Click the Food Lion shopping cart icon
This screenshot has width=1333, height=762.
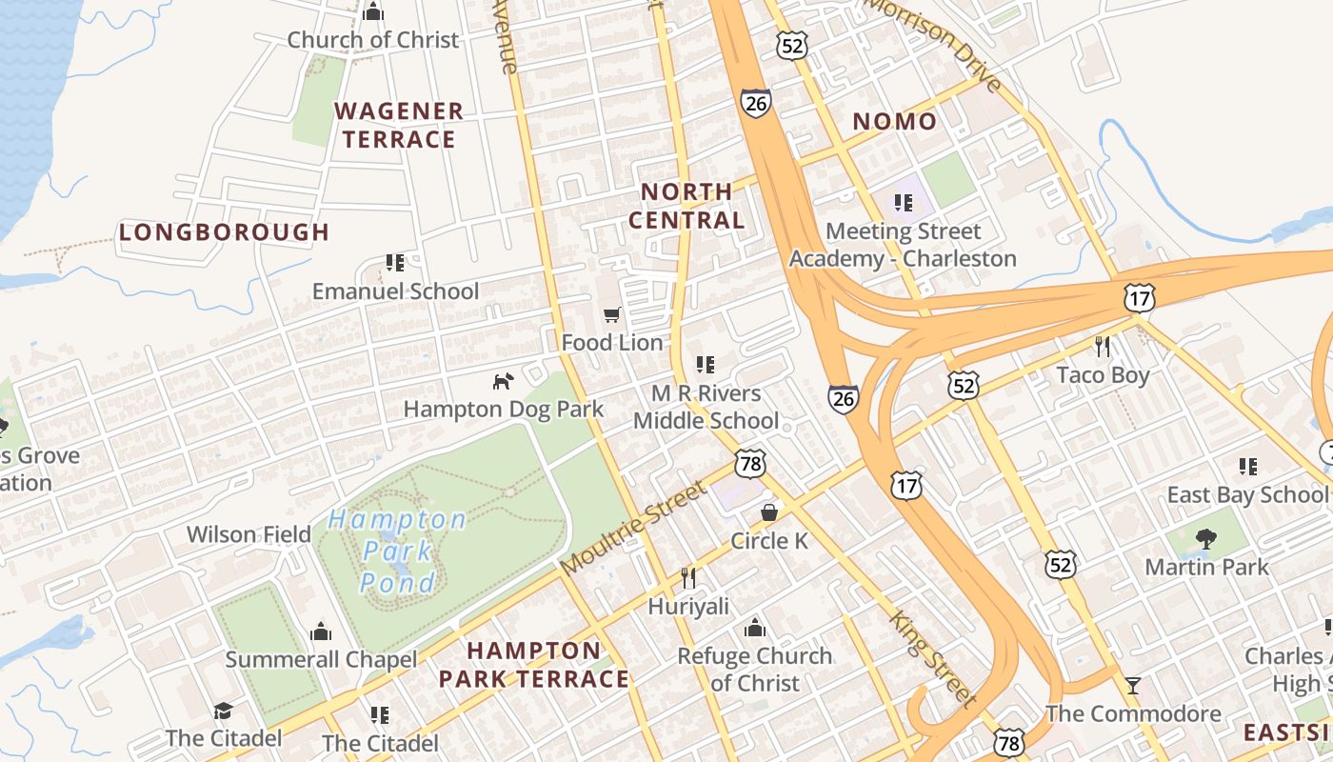coord(612,314)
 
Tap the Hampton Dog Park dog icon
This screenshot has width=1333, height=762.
coord(503,381)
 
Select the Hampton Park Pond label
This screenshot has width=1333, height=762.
coord(397,551)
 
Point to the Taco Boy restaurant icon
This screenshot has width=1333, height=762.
coord(1103,346)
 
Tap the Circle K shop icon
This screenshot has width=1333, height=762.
coord(769,512)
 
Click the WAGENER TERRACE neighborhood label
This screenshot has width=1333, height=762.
coord(399,125)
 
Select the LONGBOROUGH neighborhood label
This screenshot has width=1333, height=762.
coord(224,231)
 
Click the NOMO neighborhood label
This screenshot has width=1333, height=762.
coord(894,121)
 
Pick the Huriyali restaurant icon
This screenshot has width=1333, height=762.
coord(688,577)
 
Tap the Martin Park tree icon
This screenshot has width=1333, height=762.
coord(1206,539)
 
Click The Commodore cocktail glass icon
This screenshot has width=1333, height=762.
coord(1133,685)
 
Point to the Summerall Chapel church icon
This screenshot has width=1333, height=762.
coord(321,632)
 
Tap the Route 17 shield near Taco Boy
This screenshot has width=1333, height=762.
coord(1139,298)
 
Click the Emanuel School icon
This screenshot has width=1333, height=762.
coord(395,262)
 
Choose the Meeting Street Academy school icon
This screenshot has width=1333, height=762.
coord(903,202)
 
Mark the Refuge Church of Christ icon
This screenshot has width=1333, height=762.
coord(755,628)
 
